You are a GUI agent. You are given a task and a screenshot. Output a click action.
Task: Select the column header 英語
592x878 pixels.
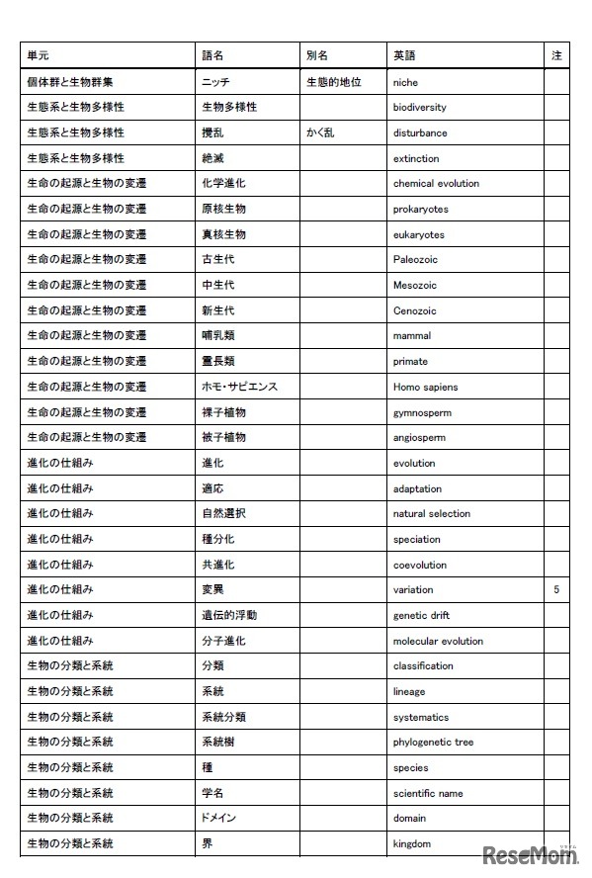pos(403,56)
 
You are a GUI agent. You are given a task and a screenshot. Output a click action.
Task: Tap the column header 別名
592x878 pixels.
pos(317,56)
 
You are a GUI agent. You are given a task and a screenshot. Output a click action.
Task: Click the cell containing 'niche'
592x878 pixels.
pos(405,82)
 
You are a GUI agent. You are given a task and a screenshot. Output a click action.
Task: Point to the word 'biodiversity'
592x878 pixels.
pos(419,108)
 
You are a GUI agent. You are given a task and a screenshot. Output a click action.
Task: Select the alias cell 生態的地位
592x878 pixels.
pos(334,82)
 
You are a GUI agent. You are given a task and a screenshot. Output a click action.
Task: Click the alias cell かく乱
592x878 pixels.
pos(321,132)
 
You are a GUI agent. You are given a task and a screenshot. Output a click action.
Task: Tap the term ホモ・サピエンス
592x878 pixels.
pos(239,387)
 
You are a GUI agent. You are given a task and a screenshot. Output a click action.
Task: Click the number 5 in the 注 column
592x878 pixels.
pos(556,590)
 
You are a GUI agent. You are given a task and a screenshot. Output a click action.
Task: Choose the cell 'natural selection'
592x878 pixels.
pos(432,514)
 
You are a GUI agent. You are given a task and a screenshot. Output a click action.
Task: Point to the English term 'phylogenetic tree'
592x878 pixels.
pos(433,743)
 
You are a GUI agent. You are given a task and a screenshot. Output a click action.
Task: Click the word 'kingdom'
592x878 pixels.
pos(412,844)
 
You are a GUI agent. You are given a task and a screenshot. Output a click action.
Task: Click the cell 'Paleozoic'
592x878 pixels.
pos(415,260)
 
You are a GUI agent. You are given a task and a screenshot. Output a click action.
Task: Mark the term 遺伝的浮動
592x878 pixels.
pos(229,615)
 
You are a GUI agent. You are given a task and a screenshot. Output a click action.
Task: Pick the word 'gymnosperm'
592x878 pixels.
pos(419,412)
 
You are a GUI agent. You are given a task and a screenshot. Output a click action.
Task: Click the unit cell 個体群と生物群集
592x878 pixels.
pos(69,82)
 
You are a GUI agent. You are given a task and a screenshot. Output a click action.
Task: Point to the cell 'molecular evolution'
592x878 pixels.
pos(438,641)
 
